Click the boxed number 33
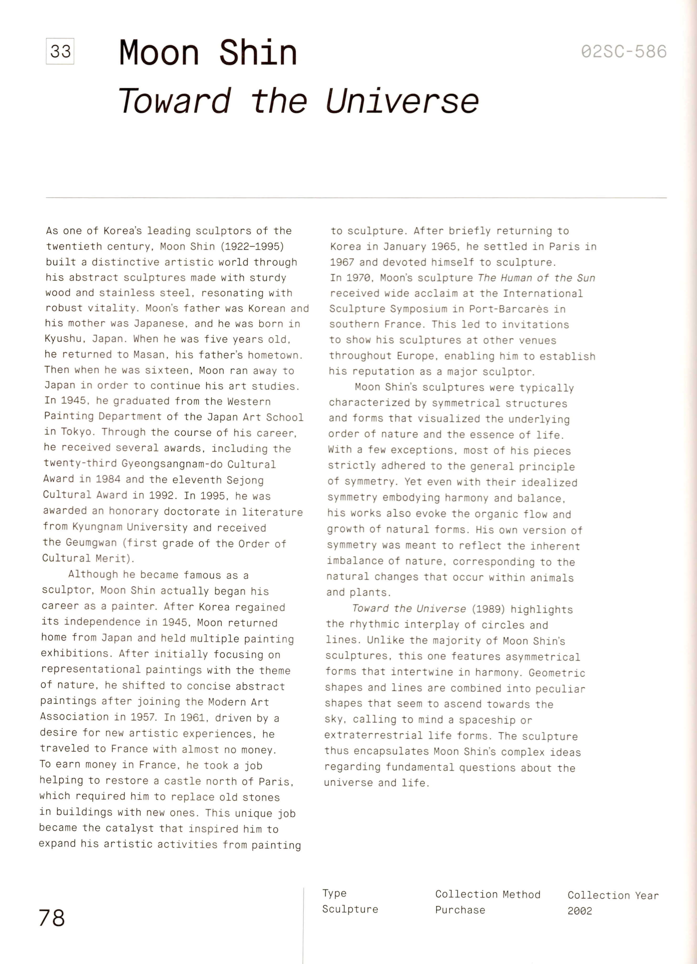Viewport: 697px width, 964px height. click(60, 52)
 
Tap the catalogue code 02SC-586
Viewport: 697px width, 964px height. click(623, 52)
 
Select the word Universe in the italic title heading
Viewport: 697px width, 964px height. click(402, 102)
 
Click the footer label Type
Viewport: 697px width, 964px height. click(334, 893)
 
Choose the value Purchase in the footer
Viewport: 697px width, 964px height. click(460, 910)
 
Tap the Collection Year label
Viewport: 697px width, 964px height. click(613, 895)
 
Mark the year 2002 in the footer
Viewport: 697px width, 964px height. click(580, 910)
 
